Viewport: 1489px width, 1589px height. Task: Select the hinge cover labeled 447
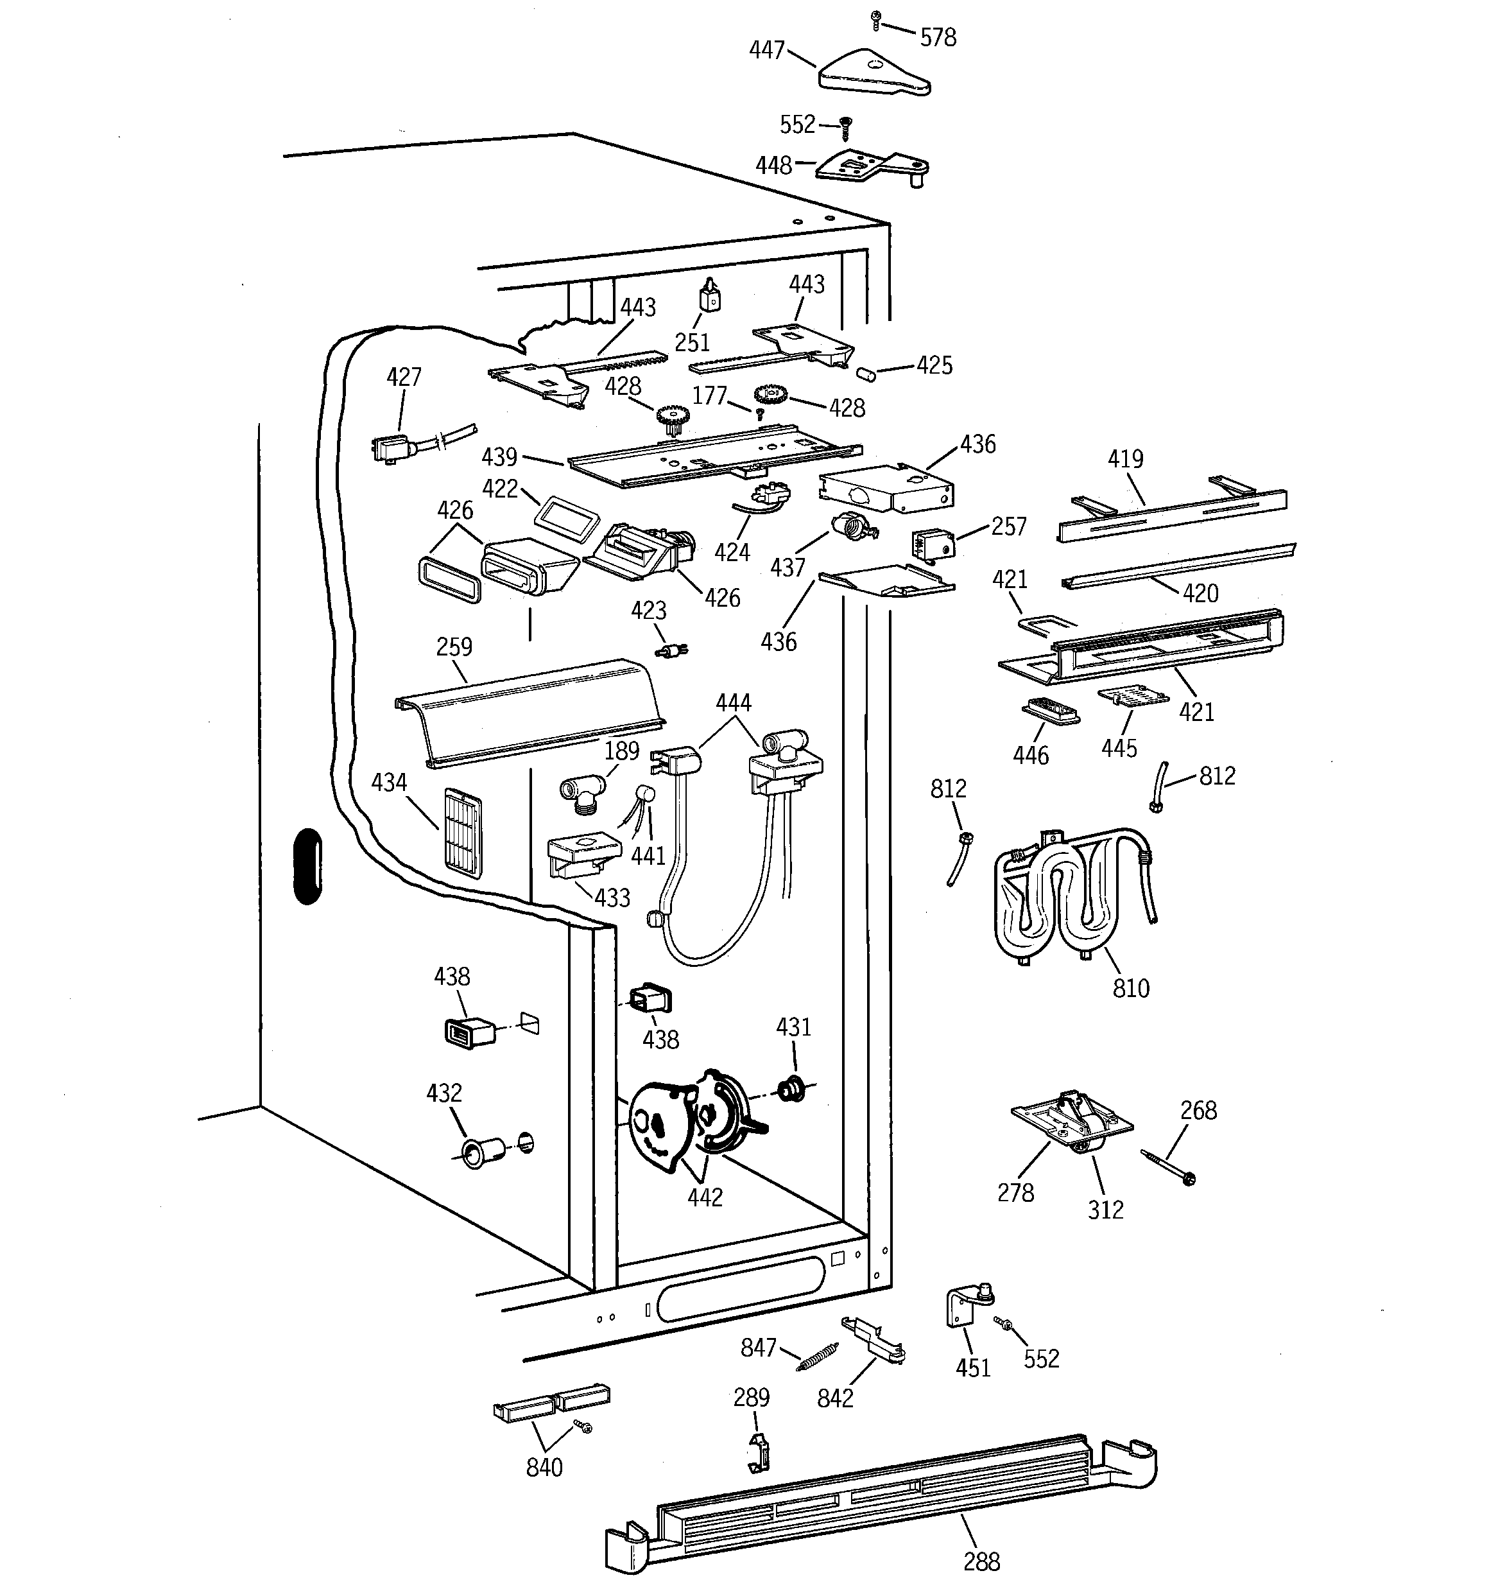[871, 74]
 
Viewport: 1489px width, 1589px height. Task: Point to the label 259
[454, 647]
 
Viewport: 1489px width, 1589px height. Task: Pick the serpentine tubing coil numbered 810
[1071, 894]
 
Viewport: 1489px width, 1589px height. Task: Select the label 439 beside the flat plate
[499, 457]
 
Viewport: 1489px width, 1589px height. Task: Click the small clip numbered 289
[758, 1452]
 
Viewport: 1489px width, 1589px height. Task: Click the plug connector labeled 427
[392, 447]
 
